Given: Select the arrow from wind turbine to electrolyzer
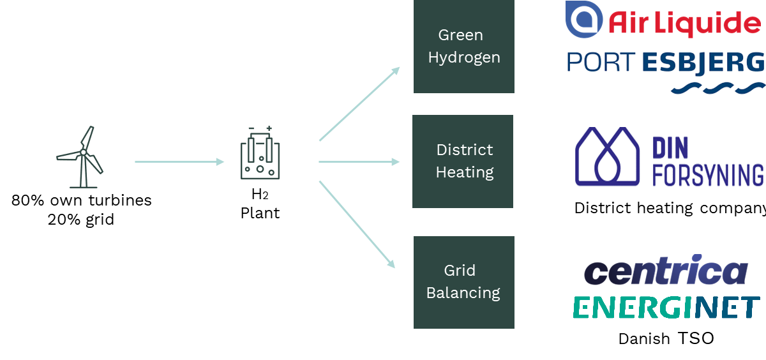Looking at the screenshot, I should (179, 162).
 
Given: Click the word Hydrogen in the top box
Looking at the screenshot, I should (464, 57).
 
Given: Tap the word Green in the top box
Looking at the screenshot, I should (460, 35).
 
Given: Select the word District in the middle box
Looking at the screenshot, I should (465, 150).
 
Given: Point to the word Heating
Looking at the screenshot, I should (465, 172).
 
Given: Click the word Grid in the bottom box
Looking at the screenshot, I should (460, 270).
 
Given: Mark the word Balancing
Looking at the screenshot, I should (463, 293).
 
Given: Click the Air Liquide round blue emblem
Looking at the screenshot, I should (583, 19).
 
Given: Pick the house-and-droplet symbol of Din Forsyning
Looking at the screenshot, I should (607, 157).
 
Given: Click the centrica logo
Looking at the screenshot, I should (666, 272).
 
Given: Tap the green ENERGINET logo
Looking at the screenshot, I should (666, 308).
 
